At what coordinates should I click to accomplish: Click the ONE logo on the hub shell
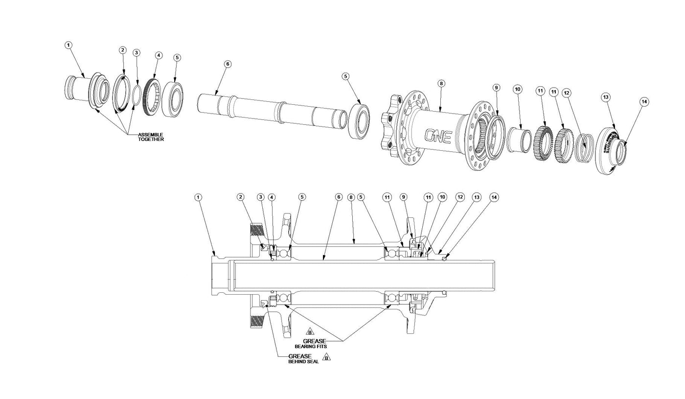(x=437, y=136)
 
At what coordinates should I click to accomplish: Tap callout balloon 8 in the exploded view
(x=441, y=84)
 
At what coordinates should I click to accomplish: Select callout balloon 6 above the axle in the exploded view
(x=228, y=64)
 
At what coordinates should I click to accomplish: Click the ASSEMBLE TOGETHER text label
(x=151, y=137)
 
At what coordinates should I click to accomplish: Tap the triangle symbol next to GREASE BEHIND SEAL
(x=326, y=357)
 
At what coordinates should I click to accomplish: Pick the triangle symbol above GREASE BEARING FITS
(x=309, y=332)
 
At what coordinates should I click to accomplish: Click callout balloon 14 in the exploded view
(x=644, y=102)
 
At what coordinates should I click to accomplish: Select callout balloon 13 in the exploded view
(x=606, y=97)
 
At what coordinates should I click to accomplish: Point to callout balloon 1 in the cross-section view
(x=198, y=197)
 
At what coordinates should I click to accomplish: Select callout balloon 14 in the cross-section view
(x=494, y=197)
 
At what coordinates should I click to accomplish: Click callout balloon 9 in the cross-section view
(x=404, y=197)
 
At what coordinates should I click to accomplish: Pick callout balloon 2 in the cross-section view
(x=240, y=197)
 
